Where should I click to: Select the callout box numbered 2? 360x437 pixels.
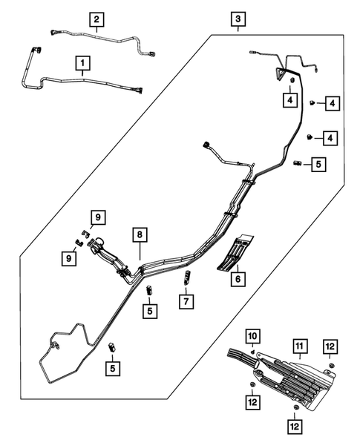point(97,18)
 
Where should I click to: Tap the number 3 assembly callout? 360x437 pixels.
point(238,19)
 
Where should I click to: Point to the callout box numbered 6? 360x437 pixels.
point(239,280)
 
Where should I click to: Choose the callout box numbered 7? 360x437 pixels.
point(186,301)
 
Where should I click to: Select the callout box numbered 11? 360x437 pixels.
point(299,346)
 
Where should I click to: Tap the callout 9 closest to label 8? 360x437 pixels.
point(97,217)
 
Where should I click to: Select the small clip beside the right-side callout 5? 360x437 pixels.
point(298,162)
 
